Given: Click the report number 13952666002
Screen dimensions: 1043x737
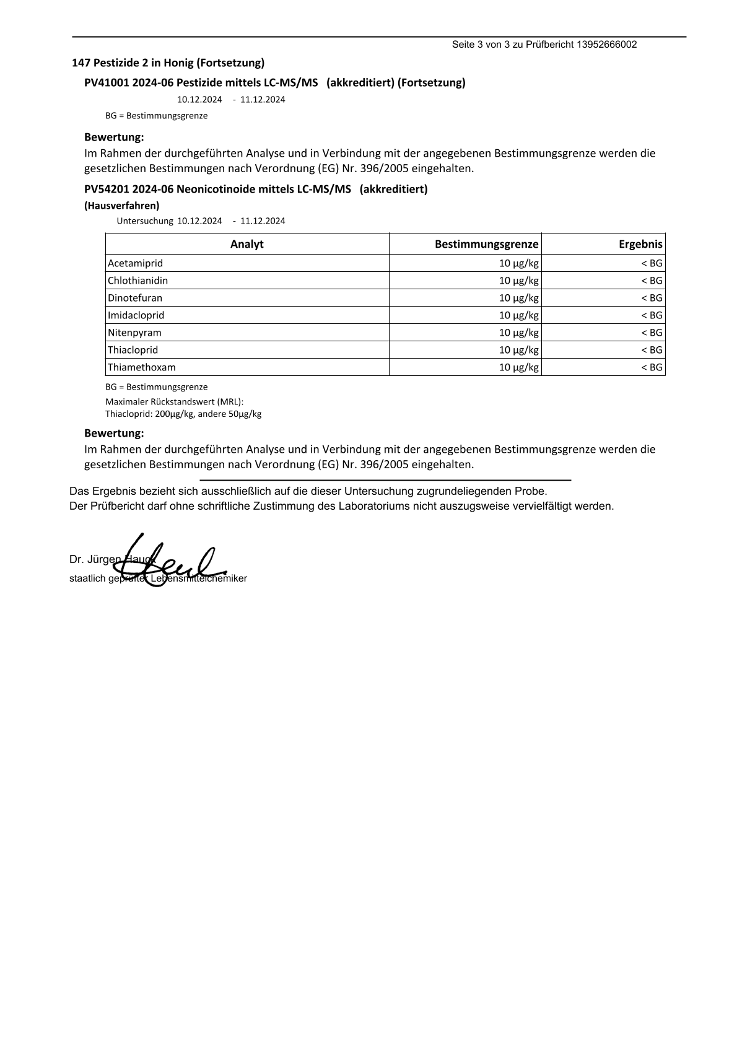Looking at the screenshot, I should coord(606,45).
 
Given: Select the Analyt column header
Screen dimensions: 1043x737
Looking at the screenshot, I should coord(246,244).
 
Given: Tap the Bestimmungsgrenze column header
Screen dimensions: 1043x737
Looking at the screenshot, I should coord(486,244).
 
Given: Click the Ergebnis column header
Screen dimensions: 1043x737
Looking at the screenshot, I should coord(640,244).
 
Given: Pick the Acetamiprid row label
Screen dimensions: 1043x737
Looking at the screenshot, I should coord(135,263).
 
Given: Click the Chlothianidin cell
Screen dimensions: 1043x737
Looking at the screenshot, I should coord(137,281).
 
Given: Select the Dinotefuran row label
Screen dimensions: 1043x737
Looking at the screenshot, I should coord(135,298).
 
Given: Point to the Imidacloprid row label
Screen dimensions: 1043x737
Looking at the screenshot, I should coord(136,315).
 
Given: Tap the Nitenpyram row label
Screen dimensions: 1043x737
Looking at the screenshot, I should coord(134,333).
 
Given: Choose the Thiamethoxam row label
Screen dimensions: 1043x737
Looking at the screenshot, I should coord(142,367).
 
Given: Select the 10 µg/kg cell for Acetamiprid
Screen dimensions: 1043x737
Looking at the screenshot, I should coord(518,263).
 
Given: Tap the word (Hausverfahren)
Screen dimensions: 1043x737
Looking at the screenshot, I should coord(121,206).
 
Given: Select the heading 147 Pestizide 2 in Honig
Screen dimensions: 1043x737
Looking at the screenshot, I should coord(168,63).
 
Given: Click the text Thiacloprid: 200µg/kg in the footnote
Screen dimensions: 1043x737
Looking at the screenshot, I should coord(150,414).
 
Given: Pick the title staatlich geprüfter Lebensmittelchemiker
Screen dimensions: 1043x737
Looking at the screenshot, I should coord(158,578).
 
